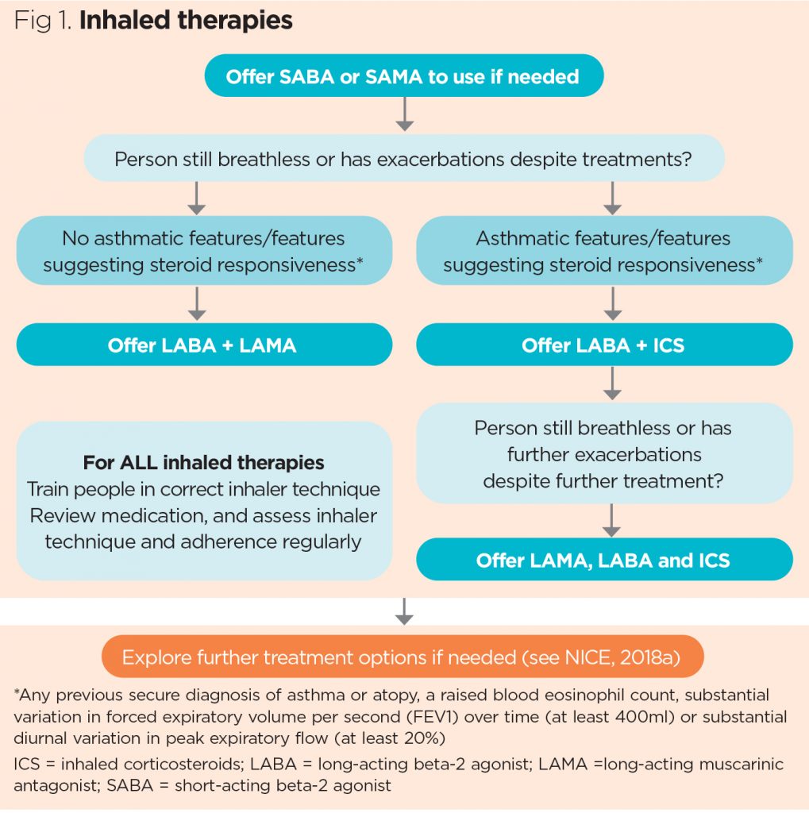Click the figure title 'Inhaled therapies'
[x=187, y=20]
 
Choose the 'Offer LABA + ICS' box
[x=603, y=345]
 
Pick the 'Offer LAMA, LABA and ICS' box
[x=603, y=560]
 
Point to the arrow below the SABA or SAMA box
[x=405, y=116]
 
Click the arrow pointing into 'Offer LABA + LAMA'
[x=197, y=303]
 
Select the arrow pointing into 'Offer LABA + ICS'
[x=612, y=303]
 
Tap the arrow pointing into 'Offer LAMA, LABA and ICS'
[x=612, y=519]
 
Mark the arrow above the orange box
[x=405, y=611]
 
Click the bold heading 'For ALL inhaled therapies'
[x=203, y=462]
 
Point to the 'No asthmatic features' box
[x=203, y=250]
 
